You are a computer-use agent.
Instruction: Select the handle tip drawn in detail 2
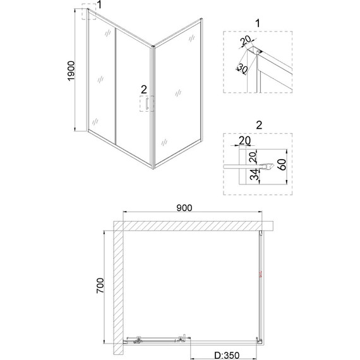pos(269,167)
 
